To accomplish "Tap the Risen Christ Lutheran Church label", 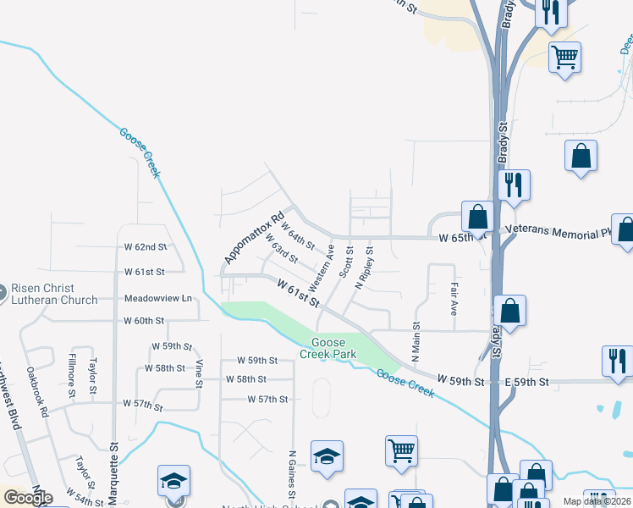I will coord(54,292).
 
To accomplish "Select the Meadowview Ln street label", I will coord(158,299).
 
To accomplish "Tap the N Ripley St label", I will coord(364,269).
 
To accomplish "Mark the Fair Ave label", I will coord(454,299).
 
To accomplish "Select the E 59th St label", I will coord(526,383).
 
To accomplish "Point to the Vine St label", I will coord(199,373).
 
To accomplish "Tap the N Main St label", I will coord(416,341).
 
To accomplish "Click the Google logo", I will coord(27,497).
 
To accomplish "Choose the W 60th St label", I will coord(144,321).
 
